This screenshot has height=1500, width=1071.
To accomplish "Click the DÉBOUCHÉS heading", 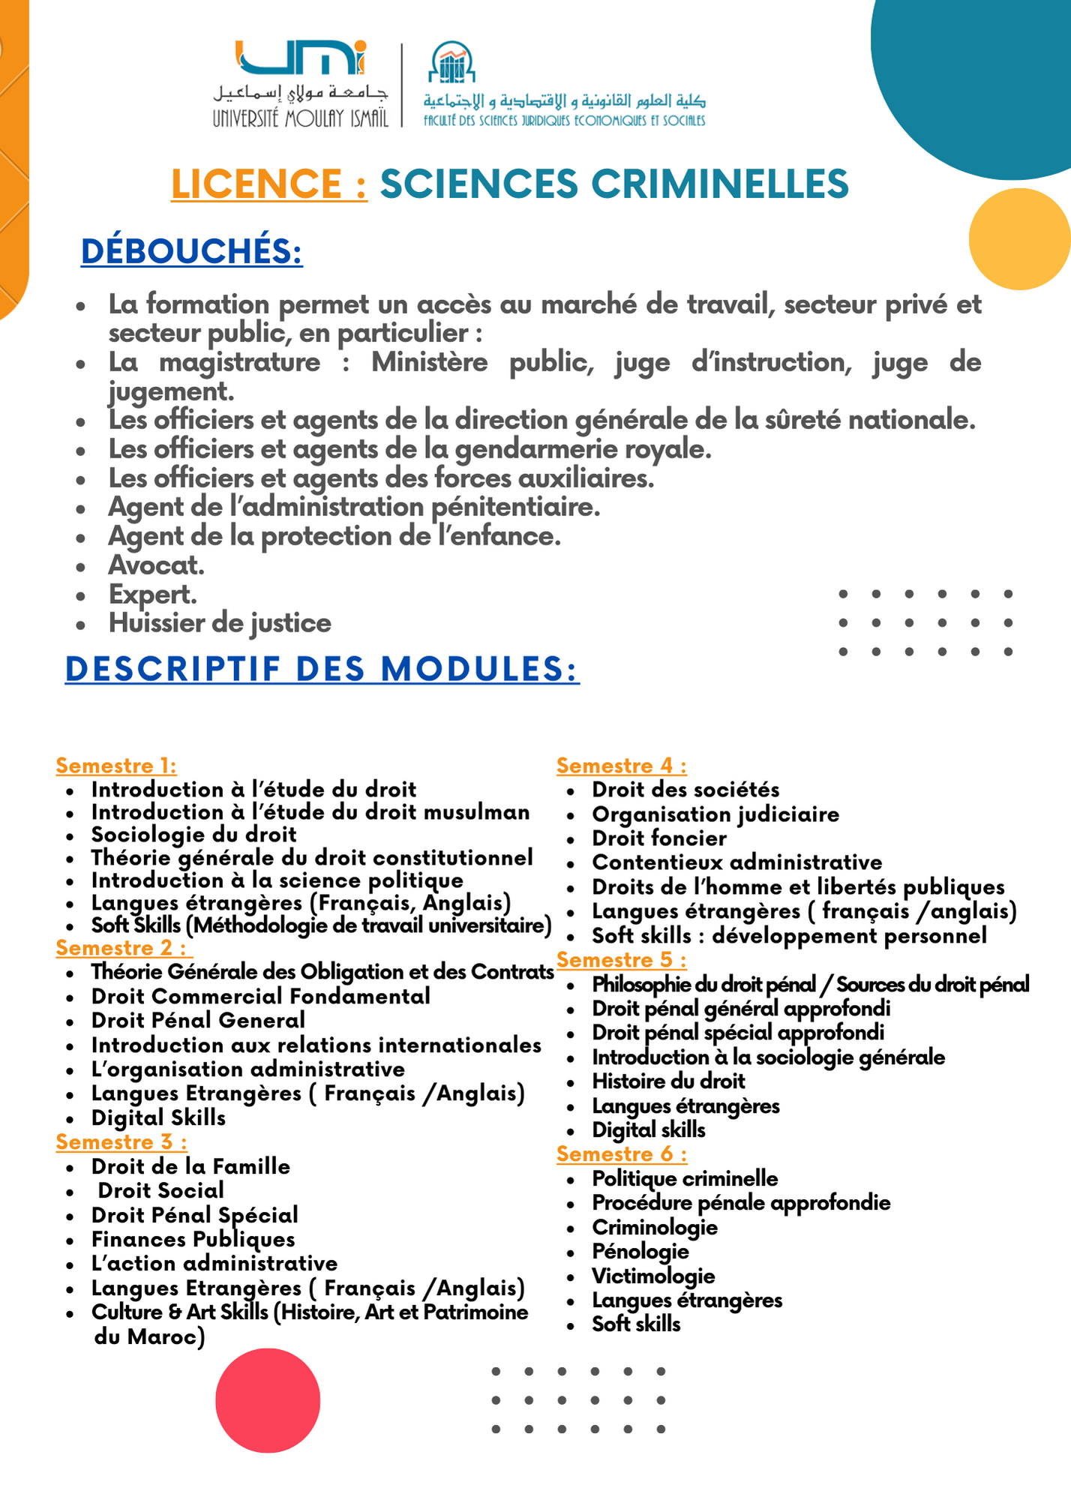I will click(192, 251).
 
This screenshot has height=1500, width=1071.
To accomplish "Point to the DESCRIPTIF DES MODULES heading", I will click(322, 669).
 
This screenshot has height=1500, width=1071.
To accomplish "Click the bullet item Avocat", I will click(156, 565).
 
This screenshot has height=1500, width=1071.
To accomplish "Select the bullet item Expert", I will click(153, 594).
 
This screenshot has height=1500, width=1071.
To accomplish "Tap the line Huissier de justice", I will click(220, 623).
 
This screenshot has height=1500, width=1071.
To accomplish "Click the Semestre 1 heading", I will click(116, 766).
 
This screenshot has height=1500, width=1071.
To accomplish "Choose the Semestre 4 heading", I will click(621, 766).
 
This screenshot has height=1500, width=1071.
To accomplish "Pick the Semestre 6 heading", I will click(621, 1154).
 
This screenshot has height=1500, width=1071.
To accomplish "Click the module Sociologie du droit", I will click(193, 835).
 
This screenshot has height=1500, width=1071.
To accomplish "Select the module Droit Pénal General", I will click(198, 1021).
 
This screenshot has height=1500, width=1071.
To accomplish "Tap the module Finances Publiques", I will click(193, 1240).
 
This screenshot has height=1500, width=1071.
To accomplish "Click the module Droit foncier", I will click(659, 838).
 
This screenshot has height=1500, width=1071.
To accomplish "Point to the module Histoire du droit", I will click(668, 1081).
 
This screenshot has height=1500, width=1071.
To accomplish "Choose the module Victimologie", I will click(653, 1276).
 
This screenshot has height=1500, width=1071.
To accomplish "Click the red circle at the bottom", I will click(268, 1400).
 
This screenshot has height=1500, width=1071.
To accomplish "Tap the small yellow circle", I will click(1018, 238).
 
